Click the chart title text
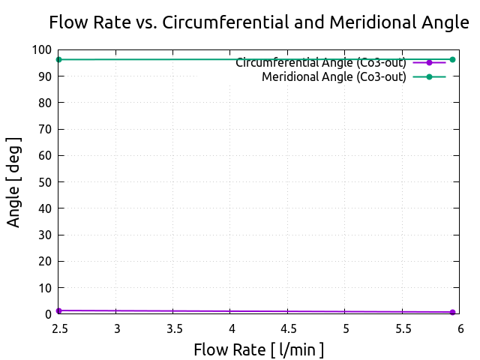point(259,22)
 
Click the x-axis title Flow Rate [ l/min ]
point(259,349)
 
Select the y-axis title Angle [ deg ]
point(14,182)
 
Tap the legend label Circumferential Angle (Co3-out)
point(321,62)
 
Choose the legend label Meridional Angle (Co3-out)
point(334,76)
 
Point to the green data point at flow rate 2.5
point(58,59)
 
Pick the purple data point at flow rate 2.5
point(58,310)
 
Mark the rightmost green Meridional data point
point(452,59)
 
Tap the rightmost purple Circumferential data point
point(452,312)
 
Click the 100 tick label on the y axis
point(42,50)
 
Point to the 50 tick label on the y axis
point(45,182)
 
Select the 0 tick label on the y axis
point(48,314)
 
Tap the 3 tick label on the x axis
point(118,328)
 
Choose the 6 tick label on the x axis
point(460,328)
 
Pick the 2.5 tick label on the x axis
point(60,328)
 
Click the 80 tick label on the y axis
point(45,103)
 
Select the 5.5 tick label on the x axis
point(403,328)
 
